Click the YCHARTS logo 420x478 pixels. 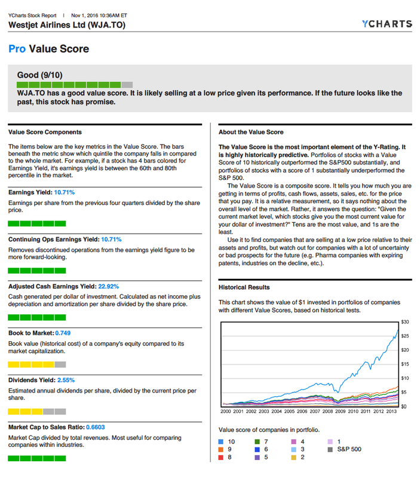pyautogui.click(x=387, y=24)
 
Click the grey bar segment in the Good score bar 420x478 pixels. pyautogui.click(x=127, y=85)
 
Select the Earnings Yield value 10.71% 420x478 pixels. pyautogui.click(x=65, y=192)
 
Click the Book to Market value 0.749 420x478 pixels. pyautogui.click(x=64, y=332)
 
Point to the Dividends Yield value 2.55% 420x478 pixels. pyautogui.click(x=66, y=379)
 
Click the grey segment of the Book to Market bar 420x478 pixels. pyautogui.click(x=60, y=364)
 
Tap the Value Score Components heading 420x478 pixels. pyautogui.click(x=45, y=132)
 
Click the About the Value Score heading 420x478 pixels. pyautogui.click(x=251, y=132)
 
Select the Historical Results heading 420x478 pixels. pyautogui.click(x=244, y=287)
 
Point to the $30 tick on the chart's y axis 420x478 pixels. pyautogui.click(x=404, y=321)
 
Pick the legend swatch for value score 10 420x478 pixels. pyautogui.click(x=222, y=442)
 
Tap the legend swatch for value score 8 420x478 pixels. pyautogui.click(x=222, y=457)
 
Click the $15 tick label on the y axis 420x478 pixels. pyautogui.click(x=404, y=364)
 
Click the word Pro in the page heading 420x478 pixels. pyautogui.click(x=17, y=49)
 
